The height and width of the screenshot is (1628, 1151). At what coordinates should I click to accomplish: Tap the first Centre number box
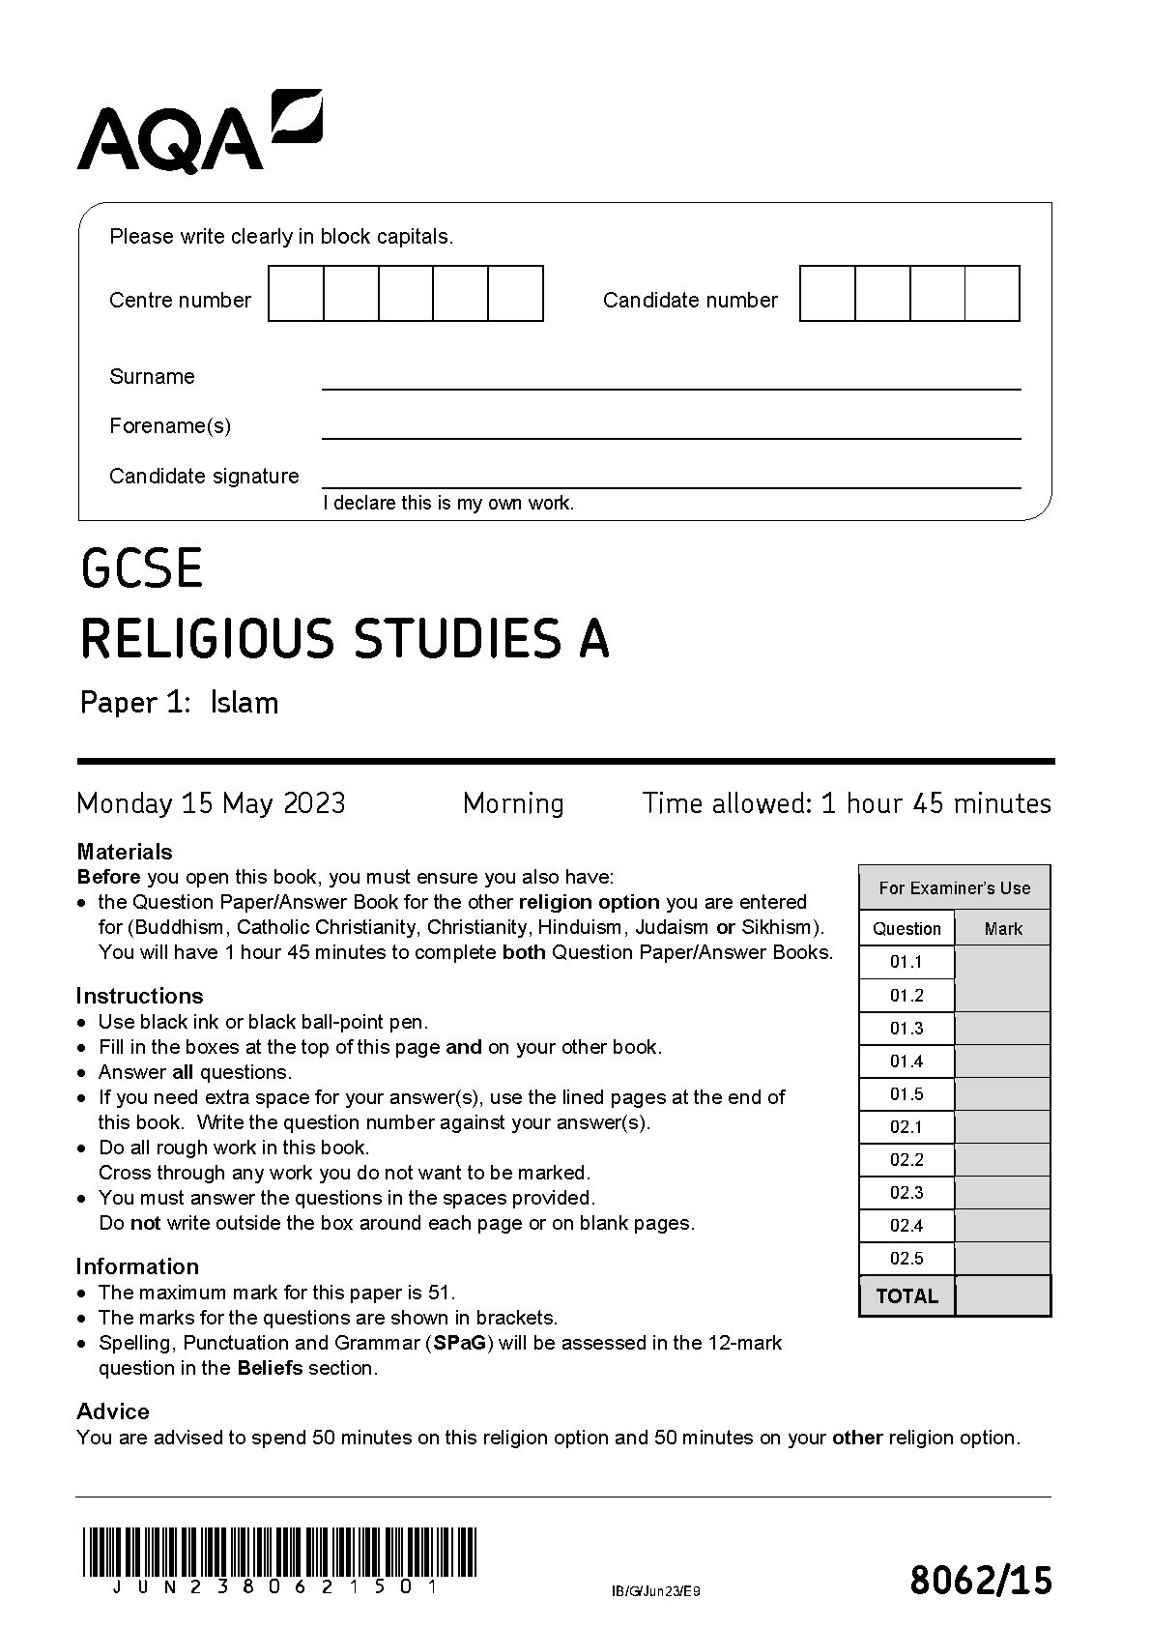tap(296, 294)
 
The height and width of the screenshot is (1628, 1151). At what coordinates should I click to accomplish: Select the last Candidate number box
tap(993, 294)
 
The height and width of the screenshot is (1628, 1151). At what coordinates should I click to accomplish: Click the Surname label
tap(152, 377)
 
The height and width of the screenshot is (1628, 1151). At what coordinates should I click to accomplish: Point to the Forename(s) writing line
tap(671, 436)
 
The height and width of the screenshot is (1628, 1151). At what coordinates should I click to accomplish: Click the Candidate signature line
tap(671, 485)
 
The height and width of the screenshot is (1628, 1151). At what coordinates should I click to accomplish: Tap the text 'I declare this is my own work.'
tap(448, 503)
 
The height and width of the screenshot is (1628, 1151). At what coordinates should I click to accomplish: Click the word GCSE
tap(142, 568)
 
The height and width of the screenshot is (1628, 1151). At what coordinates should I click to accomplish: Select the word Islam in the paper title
tap(245, 702)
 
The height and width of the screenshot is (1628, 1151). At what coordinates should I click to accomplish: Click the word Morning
tap(513, 803)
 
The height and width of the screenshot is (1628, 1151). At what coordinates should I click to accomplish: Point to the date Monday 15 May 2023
tap(211, 803)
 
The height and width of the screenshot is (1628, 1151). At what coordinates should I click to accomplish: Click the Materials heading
tap(125, 852)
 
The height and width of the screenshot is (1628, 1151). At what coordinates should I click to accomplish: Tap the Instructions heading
tap(139, 996)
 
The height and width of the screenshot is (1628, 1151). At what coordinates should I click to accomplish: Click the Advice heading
tap(113, 1411)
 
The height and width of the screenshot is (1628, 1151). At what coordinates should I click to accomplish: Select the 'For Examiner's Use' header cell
tap(954, 887)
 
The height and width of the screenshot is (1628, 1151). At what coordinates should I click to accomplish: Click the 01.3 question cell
tap(906, 1029)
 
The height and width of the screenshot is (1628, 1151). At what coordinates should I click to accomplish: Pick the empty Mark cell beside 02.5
tap(1002, 1259)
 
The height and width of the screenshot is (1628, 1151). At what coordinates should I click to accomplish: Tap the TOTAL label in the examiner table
tap(906, 1296)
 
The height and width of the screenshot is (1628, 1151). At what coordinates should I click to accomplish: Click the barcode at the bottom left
tap(279, 1552)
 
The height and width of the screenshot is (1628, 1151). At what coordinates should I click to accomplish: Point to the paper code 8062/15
tap(980, 1581)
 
